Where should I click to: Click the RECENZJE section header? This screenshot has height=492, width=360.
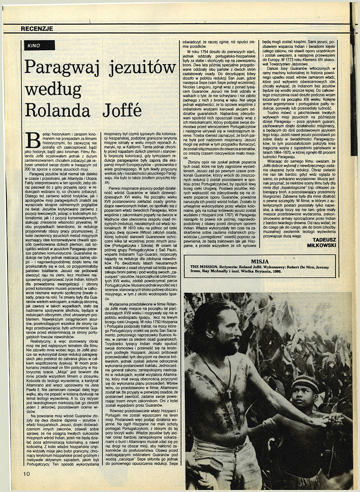[x=37, y=29]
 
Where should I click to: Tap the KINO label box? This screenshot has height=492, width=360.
[x=38, y=45]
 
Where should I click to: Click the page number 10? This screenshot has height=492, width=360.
[x=27, y=473]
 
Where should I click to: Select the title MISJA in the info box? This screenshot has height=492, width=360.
[x=268, y=261]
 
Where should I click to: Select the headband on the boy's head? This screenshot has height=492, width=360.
[x=306, y=384]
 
